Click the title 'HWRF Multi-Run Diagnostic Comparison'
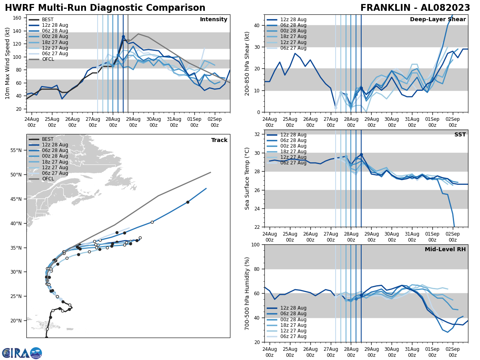pos(105,8)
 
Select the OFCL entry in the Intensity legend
pos(48,59)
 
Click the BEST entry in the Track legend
pos(47,139)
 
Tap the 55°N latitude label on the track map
pos(16,150)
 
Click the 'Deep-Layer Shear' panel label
pos(438,20)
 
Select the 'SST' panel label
pos(460,135)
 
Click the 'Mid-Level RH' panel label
pos(445,250)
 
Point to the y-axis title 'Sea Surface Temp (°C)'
pos(247,178)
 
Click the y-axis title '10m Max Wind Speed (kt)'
pos(8,63)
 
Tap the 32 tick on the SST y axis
pos(258,134)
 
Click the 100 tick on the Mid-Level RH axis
pos(256,244)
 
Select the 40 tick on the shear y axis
pos(258,25)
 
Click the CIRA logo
pos(22,353)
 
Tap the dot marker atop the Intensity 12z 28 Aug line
pos(123,37)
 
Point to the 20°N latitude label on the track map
pos(16,321)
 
